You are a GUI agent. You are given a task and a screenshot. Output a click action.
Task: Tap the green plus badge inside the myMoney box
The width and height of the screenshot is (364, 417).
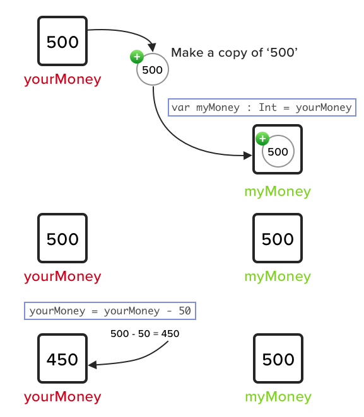(262, 139)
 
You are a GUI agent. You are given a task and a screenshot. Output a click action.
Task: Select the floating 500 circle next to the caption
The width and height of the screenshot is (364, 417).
(153, 70)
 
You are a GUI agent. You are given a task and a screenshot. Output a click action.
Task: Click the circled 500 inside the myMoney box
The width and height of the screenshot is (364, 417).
(278, 151)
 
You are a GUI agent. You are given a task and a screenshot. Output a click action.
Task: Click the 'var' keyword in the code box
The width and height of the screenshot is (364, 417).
(180, 107)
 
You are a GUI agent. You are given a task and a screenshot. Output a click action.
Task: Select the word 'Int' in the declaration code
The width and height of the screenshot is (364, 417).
(267, 107)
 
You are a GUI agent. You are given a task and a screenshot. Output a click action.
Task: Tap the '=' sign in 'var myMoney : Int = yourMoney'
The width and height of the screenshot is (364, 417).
(286, 107)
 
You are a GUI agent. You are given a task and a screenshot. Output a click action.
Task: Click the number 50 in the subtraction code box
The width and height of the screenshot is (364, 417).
(185, 311)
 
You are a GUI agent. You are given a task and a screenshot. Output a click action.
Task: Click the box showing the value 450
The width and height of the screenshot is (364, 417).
(62, 359)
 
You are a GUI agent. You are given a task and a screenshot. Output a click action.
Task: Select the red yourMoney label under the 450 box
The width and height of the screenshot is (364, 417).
(62, 397)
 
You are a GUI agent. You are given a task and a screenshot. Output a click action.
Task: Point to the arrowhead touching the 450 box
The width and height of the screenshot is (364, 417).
(92, 365)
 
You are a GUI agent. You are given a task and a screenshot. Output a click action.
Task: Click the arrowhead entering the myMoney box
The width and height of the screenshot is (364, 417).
(247, 154)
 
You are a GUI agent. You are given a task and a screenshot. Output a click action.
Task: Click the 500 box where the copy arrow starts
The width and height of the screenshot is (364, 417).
(62, 42)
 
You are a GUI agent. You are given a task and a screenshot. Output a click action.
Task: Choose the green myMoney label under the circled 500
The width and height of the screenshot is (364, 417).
(278, 191)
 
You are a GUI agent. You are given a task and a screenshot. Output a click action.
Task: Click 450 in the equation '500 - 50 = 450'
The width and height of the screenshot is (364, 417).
(170, 334)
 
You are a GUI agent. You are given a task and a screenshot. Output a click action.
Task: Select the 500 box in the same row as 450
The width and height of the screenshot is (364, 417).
(278, 359)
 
